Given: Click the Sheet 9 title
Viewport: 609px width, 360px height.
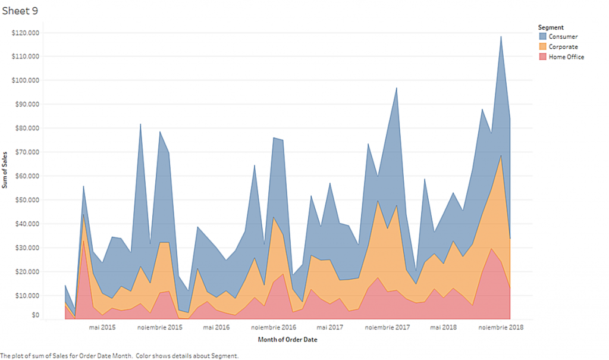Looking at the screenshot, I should (x=20, y=10).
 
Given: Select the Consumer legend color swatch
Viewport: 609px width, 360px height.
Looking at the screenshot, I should (x=542, y=37).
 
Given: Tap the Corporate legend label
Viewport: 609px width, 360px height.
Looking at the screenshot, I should (x=563, y=47).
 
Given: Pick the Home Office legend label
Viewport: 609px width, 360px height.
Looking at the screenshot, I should (x=566, y=57).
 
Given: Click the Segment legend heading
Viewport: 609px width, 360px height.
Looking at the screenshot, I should (x=551, y=27).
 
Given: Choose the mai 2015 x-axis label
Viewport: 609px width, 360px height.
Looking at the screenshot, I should (x=102, y=327).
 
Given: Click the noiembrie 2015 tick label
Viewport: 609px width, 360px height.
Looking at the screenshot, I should (x=159, y=327).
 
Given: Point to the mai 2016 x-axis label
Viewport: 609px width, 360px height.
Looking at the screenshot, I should (x=216, y=327).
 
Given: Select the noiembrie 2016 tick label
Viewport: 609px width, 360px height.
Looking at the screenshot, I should (x=274, y=327).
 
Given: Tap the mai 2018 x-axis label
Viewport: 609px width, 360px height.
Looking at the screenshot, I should (x=443, y=327).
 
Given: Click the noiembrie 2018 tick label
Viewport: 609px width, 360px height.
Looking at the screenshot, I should (x=501, y=327).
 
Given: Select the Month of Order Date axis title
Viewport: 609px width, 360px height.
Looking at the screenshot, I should (x=287, y=340).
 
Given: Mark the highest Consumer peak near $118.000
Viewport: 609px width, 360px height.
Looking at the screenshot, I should (x=501, y=37).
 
